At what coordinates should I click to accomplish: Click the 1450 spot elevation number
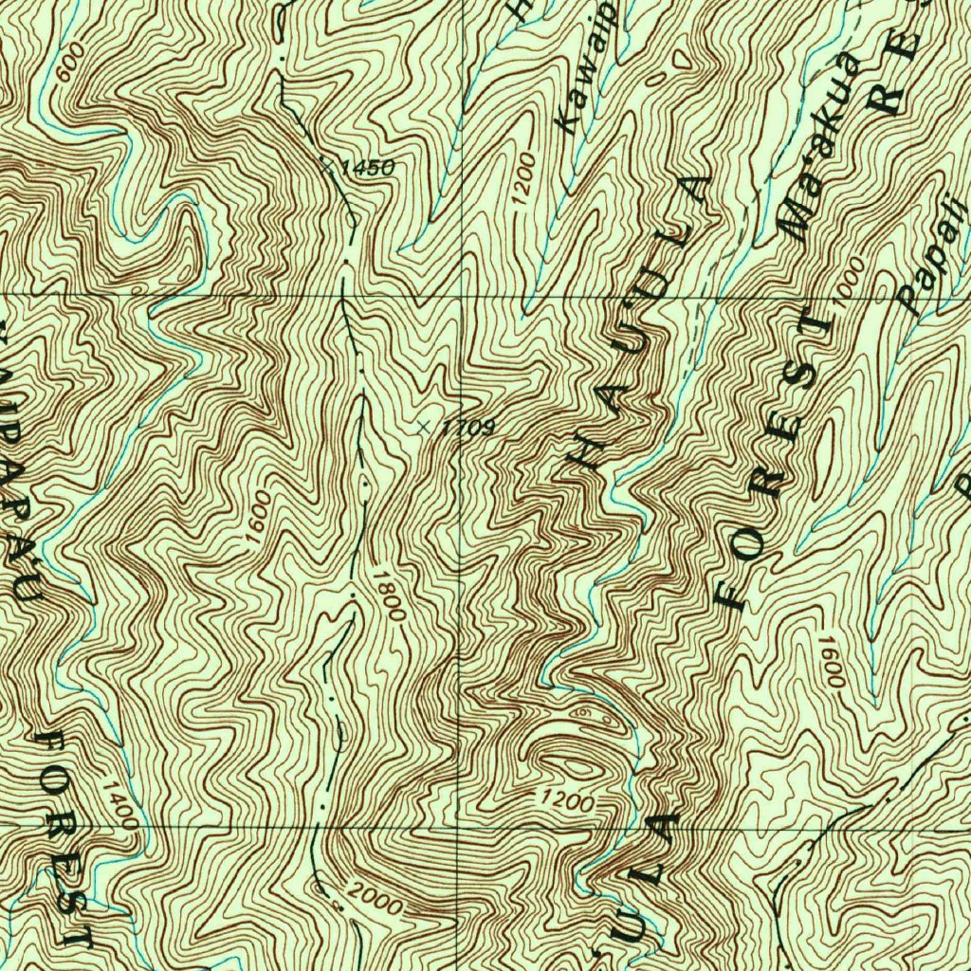(x=366, y=169)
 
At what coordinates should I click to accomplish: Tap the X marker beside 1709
(x=426, y=428)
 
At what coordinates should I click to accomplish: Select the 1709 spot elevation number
(x=467, y=429)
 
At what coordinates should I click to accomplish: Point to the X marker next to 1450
(x=328, y=165)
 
